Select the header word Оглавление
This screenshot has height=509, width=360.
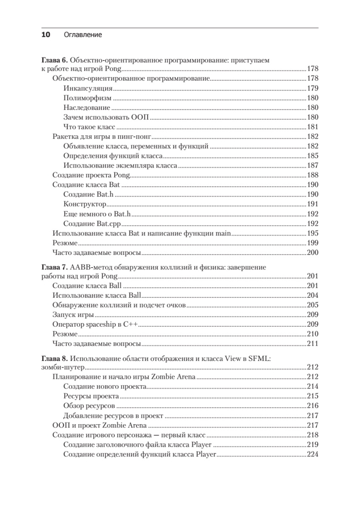[83, 35]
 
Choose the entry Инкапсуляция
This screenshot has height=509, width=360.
[88, 88]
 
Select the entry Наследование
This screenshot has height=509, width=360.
[87, 108]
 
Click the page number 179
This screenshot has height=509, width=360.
[312, 88]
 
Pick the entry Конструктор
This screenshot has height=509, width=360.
[84, 204]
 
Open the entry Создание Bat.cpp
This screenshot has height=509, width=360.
[92, 224]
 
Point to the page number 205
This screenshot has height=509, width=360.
[312, 305]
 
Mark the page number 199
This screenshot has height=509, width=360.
[312, 243]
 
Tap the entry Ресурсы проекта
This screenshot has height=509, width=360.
[91, 396]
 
